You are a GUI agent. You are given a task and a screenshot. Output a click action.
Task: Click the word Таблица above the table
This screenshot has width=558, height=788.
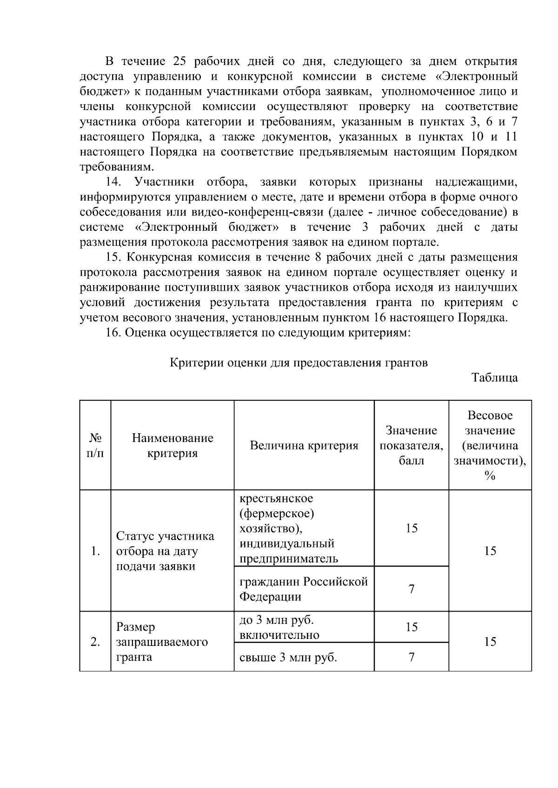coord(494,378)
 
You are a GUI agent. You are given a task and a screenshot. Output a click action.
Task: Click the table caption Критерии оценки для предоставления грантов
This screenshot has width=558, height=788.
coord(299,363)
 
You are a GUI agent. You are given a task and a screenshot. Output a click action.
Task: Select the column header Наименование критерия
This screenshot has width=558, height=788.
coord(173,446)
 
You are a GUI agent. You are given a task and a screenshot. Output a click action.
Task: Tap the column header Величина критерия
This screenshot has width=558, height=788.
coord(304,446)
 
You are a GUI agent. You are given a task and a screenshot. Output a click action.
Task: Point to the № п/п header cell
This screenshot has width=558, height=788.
coord(95,446)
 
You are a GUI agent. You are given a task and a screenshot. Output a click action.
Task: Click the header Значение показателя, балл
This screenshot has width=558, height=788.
coord(412,446)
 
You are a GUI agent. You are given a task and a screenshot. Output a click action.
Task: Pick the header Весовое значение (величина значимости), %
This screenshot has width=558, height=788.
coord(490,445)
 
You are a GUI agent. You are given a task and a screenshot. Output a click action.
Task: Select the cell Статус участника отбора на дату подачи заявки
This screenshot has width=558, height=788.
coord(165,551)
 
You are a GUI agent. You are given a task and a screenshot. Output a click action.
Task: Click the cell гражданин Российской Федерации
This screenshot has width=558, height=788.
coord(303,589)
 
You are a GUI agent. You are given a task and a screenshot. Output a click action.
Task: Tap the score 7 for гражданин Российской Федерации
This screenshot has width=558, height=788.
coord(412,589)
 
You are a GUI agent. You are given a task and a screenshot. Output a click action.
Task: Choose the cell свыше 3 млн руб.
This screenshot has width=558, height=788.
coord(288,658)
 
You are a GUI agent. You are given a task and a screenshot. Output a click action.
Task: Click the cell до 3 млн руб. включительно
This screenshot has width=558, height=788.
coord(279,627)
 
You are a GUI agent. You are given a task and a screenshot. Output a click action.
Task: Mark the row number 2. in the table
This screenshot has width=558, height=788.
coord(95,642)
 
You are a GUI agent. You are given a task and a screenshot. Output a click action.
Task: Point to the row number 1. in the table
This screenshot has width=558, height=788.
coord(95,551)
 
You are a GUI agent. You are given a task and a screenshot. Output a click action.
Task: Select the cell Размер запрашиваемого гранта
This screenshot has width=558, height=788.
coord(162,642)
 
